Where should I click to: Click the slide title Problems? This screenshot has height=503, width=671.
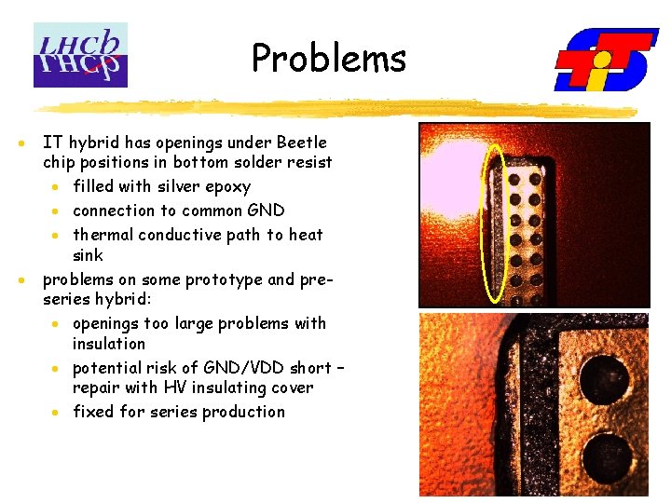pos(329,58)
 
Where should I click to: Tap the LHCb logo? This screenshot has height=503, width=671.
pos(80,55)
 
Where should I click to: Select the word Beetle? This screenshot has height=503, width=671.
pos(302,143)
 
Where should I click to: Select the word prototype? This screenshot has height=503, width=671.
pos(226,279)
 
